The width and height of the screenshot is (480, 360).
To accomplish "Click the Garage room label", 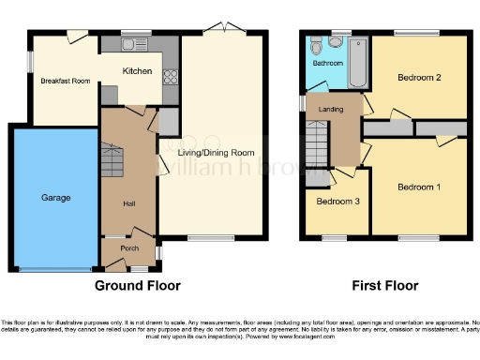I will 54,199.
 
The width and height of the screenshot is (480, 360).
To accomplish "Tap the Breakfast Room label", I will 65,82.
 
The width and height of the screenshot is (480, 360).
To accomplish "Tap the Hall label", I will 130,202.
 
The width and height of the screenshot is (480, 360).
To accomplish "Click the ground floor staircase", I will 112,165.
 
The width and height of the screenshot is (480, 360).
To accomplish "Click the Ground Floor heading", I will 137,285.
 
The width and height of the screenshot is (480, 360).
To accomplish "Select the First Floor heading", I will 384,285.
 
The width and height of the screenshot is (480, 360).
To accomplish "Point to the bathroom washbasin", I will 336,42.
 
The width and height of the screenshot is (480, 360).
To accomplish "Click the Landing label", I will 331,109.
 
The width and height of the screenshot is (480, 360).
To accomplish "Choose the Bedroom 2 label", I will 419,77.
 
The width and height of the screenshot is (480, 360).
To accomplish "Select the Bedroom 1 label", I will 419,187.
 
